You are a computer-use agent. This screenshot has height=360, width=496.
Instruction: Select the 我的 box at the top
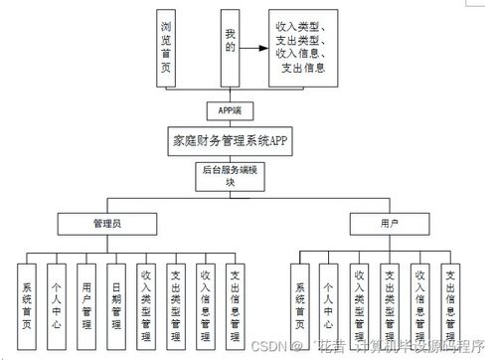232,47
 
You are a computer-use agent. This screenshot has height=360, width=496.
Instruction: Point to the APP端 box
230,109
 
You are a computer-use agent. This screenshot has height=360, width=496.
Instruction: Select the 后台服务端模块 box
230,176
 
